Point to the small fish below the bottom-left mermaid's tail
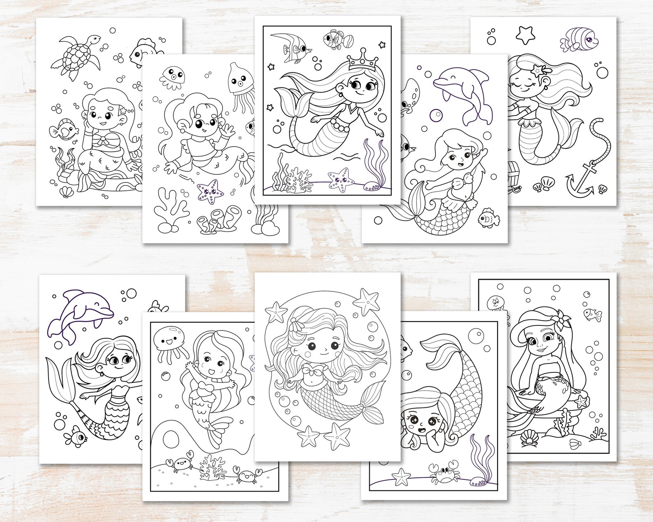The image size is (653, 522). [76, 434]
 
